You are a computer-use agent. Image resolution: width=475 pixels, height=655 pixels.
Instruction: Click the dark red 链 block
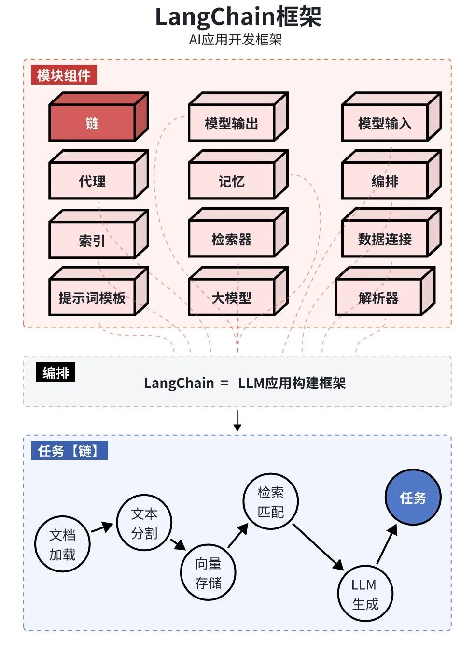click(92, 123)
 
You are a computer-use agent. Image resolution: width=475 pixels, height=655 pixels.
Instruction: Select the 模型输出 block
click(232, 123)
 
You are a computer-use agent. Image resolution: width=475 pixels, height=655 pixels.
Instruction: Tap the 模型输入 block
click(385, 123)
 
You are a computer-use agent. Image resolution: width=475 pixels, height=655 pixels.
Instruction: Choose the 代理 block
click(92, 181)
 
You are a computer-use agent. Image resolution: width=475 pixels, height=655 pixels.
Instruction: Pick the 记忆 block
click(232, 181)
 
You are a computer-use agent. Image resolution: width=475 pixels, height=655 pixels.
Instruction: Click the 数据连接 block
click(385, 239)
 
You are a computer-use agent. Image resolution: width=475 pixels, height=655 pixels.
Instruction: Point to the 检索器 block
click(232, 239)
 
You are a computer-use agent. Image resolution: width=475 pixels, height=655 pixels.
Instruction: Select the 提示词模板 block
click(92, 298)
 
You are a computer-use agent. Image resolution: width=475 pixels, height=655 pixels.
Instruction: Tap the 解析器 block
click(378, 298)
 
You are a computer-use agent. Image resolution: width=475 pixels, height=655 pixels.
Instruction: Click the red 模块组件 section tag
click(64, 75)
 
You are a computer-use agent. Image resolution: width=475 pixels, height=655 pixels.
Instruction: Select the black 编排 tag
click(56, 373)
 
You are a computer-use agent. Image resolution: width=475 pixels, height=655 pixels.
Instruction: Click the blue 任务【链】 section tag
click(69, 451)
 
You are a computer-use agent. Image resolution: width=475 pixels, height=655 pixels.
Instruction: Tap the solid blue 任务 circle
click(413, 498)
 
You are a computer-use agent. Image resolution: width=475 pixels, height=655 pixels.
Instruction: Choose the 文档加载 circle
click(62, 544)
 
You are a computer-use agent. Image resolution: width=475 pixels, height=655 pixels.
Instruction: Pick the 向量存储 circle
click(208, 573)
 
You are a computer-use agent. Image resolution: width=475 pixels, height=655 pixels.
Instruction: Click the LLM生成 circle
click(365, 594)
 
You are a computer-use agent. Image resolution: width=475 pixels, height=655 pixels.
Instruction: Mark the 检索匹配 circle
click(271, 502)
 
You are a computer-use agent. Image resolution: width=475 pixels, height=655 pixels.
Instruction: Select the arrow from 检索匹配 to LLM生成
click(318, 547)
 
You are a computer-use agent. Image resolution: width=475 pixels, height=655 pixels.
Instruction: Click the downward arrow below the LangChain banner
click(237, 421)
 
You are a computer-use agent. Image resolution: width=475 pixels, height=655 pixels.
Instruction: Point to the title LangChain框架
click(237, 17)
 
